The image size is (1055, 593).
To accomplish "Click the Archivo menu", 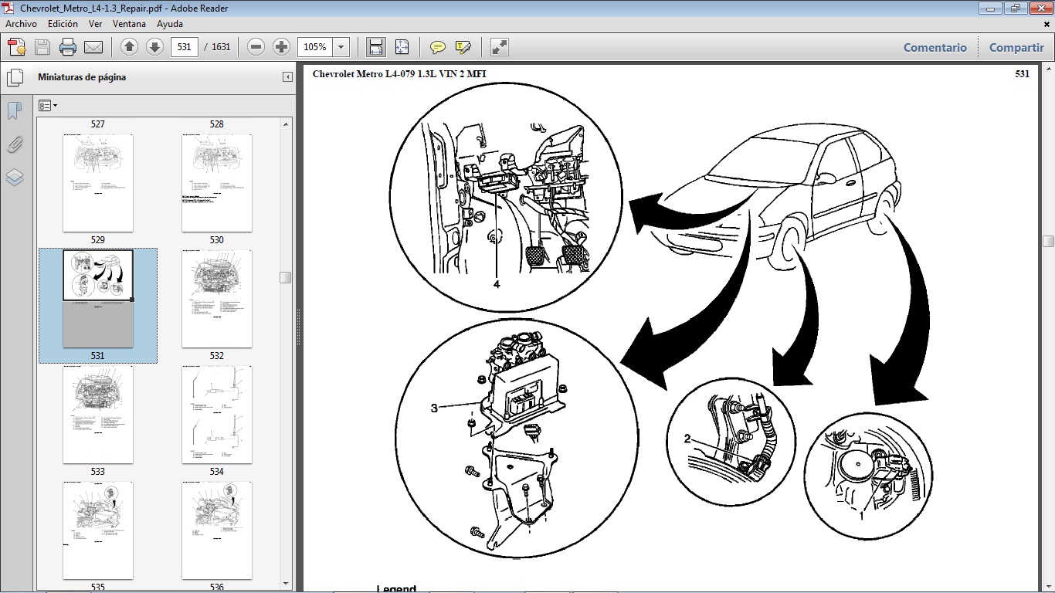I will [21, 24].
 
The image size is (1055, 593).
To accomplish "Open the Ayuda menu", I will [170, 24].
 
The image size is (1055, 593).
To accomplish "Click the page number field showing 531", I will [184, 47].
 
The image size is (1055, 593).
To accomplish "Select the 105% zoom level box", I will [315, 47].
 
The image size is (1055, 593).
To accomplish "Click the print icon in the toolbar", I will [68, 47].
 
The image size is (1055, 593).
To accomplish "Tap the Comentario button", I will [935, 47].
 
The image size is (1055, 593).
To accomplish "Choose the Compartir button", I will [1016, 47].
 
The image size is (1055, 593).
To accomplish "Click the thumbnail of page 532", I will [216, 299].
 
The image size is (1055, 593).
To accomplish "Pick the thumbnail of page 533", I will [97, 415].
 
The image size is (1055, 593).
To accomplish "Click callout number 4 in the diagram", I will [497, 284].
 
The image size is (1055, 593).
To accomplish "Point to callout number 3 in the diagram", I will [434, 408].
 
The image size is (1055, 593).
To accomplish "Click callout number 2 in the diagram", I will [687, 439].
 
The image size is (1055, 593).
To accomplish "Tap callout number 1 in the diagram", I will [861, 515].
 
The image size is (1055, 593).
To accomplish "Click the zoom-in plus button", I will [281, 47].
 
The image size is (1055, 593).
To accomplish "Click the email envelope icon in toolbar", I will [93, 47].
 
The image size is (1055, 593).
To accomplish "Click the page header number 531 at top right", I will [1022, 74].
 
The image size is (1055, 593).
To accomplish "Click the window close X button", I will [1038, 8].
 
